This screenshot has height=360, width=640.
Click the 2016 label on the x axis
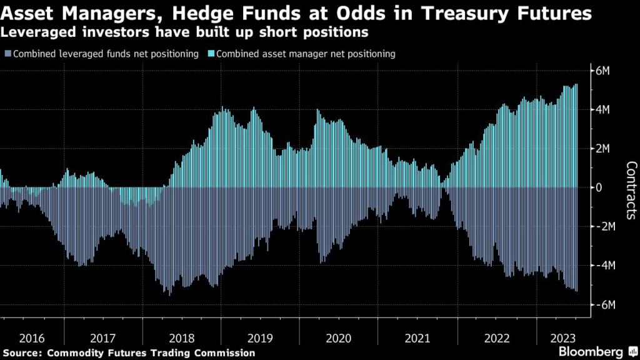(32, 338)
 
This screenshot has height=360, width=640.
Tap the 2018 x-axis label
(182, 338)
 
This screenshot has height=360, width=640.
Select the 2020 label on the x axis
(339, 338)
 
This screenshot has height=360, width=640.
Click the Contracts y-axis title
(631, 190)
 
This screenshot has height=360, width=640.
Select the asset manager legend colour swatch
(208, 54)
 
